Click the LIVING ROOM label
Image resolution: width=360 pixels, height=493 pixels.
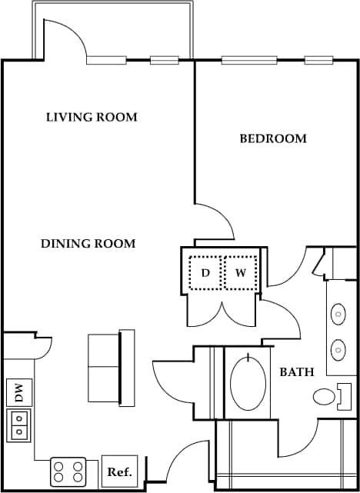click(92, 118)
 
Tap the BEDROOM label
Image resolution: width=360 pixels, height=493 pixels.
click(273, 139)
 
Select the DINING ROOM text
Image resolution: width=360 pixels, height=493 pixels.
click(88, 244)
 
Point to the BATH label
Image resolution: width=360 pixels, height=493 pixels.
click(296, 372)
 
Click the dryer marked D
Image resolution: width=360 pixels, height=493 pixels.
click(205, 273)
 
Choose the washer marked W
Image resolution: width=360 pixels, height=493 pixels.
click(240, 273)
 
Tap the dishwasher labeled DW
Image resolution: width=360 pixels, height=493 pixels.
click(18, 394)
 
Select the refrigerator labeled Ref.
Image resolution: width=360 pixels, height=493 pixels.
click(118, 471)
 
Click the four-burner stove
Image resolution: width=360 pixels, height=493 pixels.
click(68, 471)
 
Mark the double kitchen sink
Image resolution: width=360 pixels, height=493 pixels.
click(18, 425)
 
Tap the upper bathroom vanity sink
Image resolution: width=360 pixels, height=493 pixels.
click(338, 315)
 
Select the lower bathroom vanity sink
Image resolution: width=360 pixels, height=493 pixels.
click(338, 351)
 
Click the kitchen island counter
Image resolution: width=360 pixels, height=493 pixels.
click(112, 368)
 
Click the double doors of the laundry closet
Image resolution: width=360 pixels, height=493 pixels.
click(223, 311)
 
